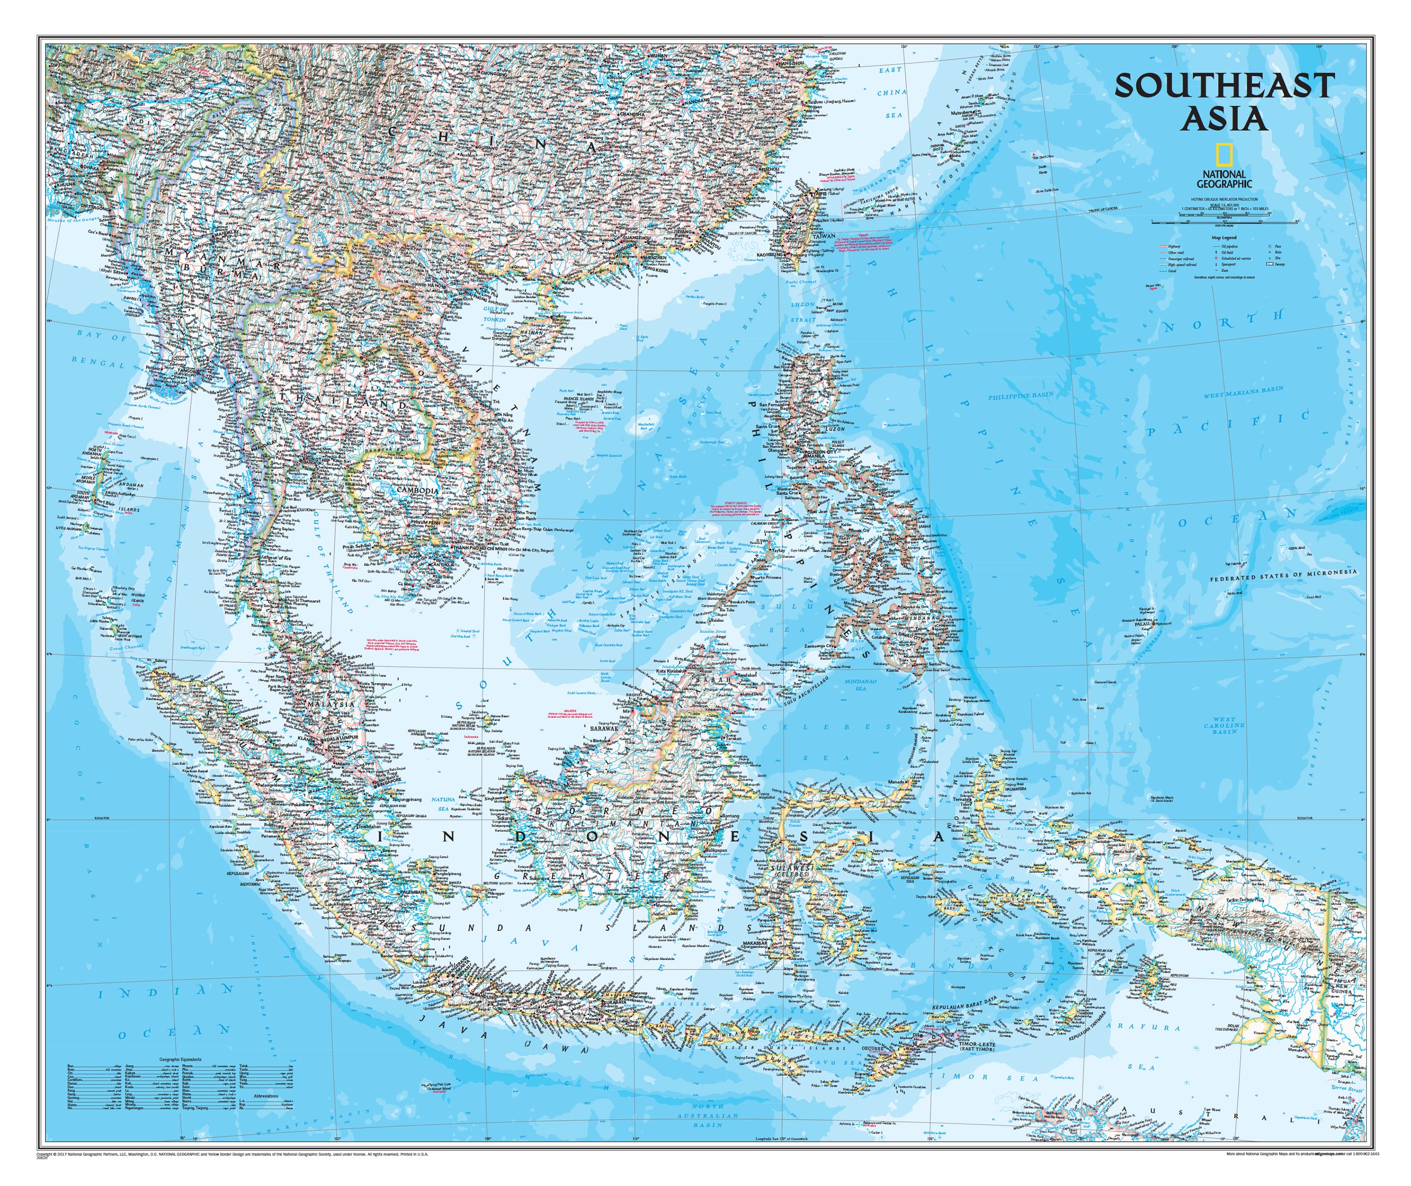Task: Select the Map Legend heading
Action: point(1223,237)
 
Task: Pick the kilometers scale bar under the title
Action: point(1223,221)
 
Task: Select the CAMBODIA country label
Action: point(418,490)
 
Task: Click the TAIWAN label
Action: point(824,237)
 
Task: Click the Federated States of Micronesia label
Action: point(1283,575)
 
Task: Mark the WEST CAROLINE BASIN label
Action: point(1224,725)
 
